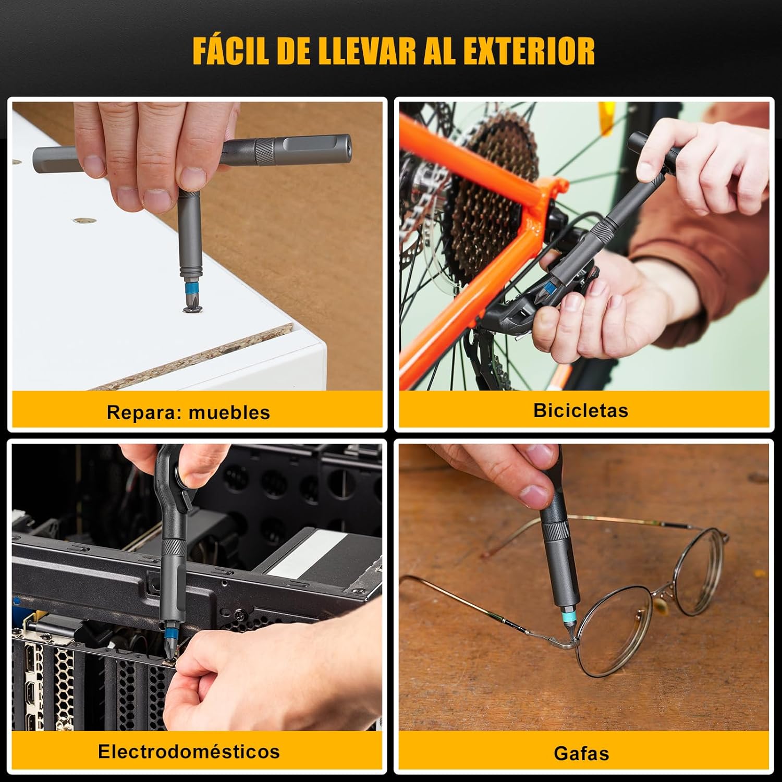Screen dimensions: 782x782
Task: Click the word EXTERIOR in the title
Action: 529,51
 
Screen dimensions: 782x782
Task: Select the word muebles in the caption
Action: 229,412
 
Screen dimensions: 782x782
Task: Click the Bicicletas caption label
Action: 581,410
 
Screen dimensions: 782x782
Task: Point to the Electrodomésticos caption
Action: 189,751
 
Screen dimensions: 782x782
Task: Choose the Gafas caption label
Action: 581,753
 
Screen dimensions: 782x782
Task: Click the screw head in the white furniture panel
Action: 192,310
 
